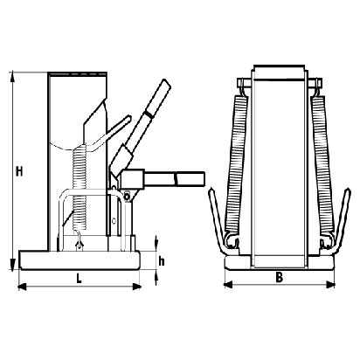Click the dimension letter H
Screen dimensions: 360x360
pos(19,171)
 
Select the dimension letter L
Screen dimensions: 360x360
pos(79,279)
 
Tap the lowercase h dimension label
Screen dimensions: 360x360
pos(161,261)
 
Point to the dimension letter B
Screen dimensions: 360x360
pos(279,278)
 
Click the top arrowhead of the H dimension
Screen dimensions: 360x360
pos(13,76)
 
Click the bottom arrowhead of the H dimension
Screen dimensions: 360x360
pos(12,264)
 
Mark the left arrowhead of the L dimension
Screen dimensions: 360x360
pos(23,287)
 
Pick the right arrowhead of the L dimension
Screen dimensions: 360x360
pos(136,287)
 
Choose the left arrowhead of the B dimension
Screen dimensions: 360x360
pos(228,285)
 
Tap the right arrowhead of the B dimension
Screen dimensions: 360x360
pos(330,285)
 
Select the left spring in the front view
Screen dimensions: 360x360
pos(237,163)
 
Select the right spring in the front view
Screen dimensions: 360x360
pos(322,163)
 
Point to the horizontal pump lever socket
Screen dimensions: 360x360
pos(133,179)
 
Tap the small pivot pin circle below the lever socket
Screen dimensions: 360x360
pos(127,196)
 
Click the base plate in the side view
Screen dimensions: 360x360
pos(80,260)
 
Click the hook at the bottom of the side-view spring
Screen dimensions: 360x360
pos(79,240)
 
